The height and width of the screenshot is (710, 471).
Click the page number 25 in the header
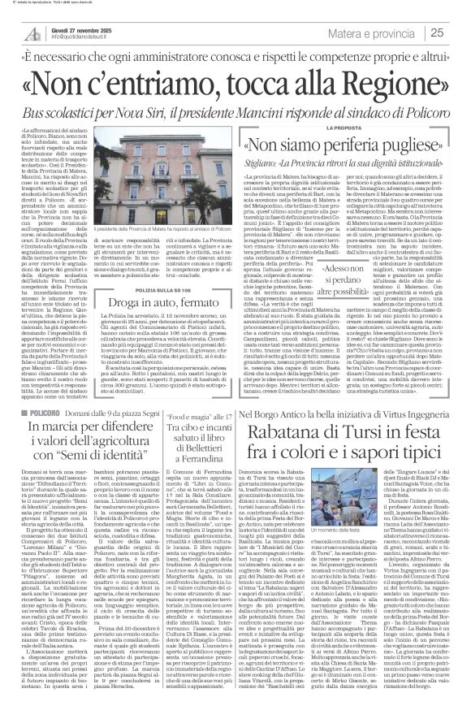(458, 32)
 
